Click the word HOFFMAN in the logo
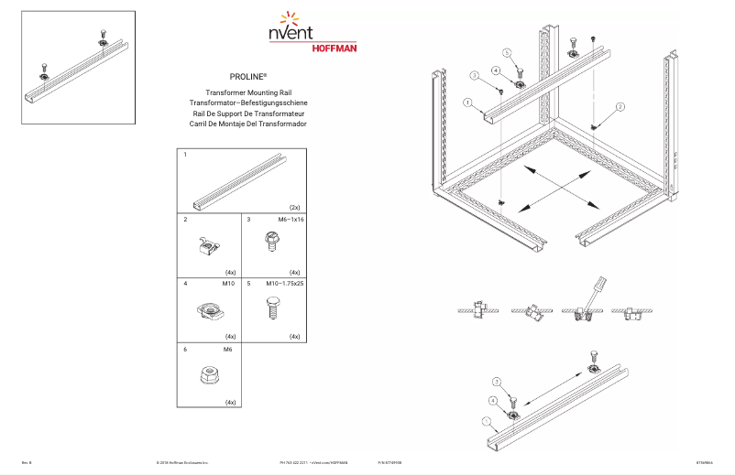335,47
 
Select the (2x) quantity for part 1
294,208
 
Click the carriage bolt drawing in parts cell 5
272,308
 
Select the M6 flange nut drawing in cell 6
209,374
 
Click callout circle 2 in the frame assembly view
620,107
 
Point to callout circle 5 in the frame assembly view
506,52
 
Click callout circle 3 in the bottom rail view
498,382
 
